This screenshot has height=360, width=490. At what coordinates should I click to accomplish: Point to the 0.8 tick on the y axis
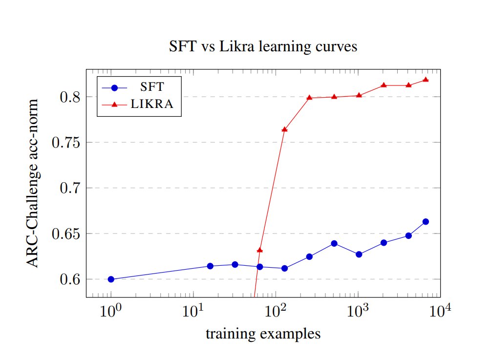pyautogui.click(x=68, y=97)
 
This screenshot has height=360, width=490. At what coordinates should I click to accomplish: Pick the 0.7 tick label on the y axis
pyautogui.click(x=68, y=188)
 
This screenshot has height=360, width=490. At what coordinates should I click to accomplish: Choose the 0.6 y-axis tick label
pyautogui.click(x=68, y=279)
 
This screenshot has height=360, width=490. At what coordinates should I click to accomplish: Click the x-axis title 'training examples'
pyautogui.click(x=263, y=334)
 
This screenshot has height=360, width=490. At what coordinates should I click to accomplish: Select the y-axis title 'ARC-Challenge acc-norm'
pyautogui.click(x=32, y=183)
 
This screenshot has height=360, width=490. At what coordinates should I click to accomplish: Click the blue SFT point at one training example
pyautogui.click(x=111, y=279)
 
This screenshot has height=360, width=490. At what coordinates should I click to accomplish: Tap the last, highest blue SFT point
pyautogui.click(x=426, y=221)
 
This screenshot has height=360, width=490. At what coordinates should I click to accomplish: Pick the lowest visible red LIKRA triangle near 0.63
pyautogui.click(x=260, y=250)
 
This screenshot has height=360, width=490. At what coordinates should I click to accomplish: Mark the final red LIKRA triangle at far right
pyautogui.click(x=426, y=80)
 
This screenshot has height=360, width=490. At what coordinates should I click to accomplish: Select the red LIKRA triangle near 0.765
pyautogui.click(x=285, y=129)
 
